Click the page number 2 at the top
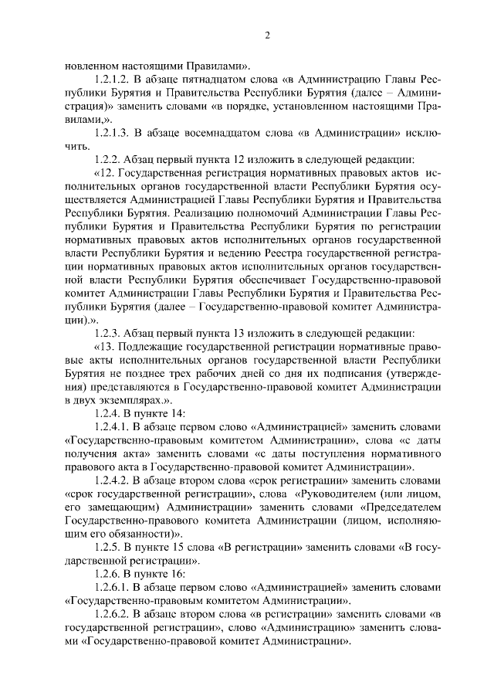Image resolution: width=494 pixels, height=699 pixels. click(268, 36)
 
